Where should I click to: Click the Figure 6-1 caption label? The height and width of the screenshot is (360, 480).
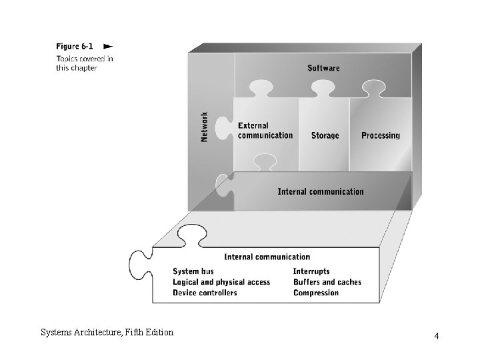click(75, 46)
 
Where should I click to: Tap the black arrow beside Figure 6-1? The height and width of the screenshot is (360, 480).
click(108, 47)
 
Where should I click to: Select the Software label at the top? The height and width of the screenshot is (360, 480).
click(323, 68)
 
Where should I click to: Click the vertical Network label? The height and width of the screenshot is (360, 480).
click(204, 127)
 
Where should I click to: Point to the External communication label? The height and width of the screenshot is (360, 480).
click(265, 131)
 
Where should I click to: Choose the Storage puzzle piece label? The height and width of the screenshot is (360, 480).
click(325, 135)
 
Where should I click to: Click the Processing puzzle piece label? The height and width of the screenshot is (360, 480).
click(381, 135)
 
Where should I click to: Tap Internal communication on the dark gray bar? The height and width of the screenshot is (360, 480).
click(321, 191)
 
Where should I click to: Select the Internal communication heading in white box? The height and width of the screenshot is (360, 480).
click(267, 257)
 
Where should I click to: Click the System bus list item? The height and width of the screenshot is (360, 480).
click(193, 271)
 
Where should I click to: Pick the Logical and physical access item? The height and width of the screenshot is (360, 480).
click(221, 282)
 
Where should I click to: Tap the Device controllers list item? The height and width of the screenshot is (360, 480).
click(205, 293)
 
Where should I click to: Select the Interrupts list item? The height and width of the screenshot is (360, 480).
click(311, 271)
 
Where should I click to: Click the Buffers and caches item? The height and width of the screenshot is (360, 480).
click(327, 282)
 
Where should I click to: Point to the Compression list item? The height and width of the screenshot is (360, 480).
click(316, 293)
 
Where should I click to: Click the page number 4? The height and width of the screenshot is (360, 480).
click(437, 336)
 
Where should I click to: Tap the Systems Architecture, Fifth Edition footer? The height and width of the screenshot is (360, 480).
click(107, 333)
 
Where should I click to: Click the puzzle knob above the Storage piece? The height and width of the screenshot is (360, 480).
click(323, 89)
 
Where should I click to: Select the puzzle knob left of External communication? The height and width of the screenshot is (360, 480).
click(224, 128)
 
